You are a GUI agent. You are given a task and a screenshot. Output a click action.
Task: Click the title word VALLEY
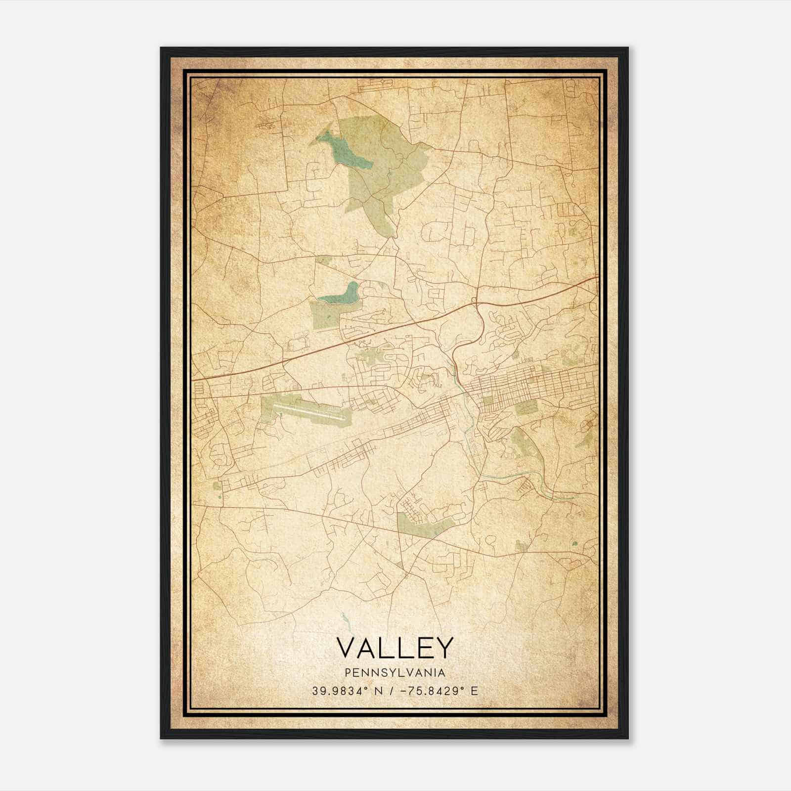tap(395, 648)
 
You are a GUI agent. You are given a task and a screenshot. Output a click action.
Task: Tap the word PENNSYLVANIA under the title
tap(395, 673)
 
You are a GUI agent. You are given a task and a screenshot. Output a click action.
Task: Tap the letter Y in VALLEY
tap(443, 648)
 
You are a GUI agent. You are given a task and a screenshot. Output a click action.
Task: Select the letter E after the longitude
tap(474, 691)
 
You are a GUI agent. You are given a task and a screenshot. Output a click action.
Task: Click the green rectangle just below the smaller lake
tap(324, 314)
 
